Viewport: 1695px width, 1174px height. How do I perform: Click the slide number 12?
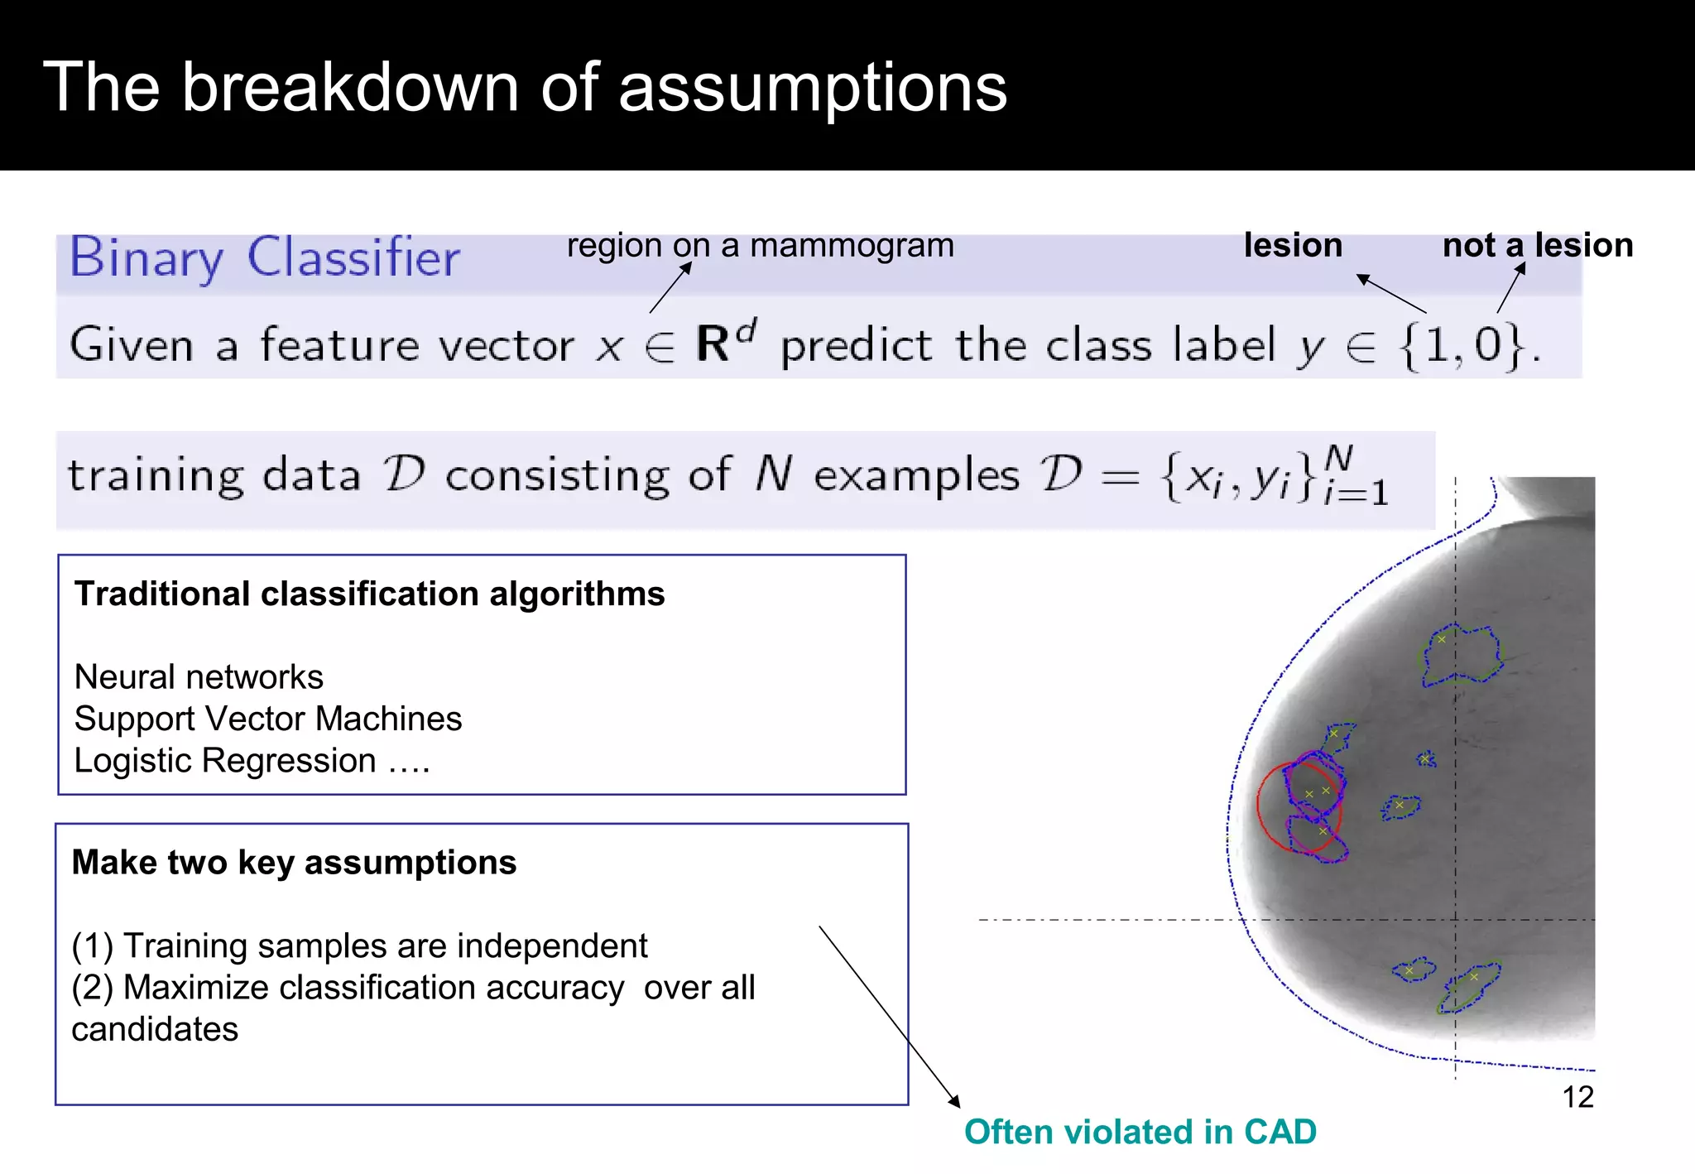1577,1097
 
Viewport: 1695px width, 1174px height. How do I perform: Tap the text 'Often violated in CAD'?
1140,1132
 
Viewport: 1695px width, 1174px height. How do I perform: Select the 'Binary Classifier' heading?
264,258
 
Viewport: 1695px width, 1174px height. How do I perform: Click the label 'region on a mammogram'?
760,246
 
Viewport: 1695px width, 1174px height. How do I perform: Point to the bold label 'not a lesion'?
1538,246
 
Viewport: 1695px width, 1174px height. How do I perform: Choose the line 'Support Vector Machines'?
267,719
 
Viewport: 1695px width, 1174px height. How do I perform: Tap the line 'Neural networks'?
199,677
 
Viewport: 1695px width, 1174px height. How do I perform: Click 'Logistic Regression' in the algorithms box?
225,760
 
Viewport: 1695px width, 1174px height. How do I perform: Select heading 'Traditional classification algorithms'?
369,594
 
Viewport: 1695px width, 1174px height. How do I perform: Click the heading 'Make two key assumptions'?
294,863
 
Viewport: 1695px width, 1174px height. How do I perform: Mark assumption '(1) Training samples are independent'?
359,945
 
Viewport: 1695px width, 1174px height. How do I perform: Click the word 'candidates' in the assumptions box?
155,1029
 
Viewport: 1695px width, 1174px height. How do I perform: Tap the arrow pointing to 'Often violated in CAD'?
889,1016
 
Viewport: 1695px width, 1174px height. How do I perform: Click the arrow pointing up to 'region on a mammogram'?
670,288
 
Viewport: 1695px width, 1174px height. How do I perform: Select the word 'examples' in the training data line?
916,476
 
